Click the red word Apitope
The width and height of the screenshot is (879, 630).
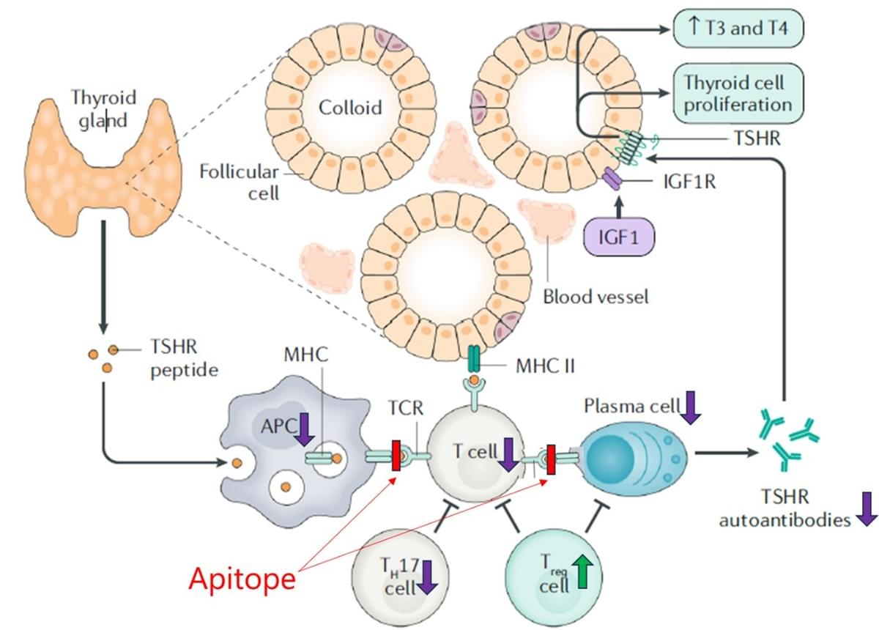tap(242, 579)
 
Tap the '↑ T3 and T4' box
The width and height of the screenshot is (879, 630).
tap(738, 29)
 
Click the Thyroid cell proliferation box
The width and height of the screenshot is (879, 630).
tap(738, 92)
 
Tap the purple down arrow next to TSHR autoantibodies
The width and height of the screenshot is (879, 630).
tap(867, 508)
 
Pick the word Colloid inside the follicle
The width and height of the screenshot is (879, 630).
tap(350, 108)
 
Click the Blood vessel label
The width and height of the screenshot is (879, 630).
tap(596, 297)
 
